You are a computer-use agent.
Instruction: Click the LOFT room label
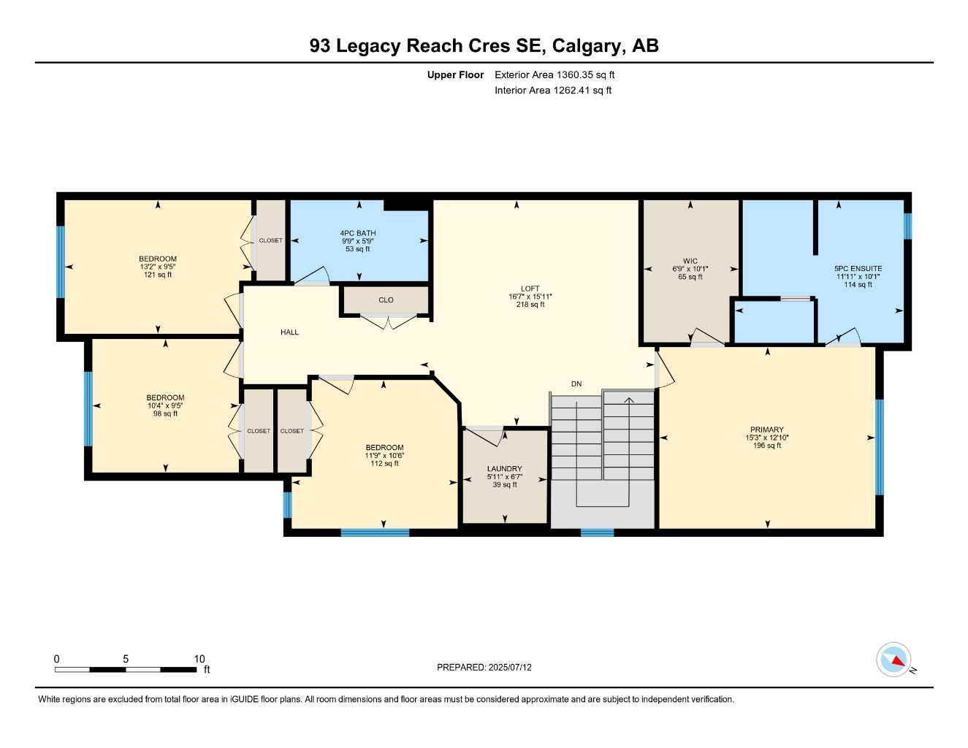530,289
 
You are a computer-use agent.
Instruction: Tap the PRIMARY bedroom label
766,430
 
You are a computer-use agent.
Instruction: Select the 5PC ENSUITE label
858,268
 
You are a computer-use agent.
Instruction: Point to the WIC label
690,261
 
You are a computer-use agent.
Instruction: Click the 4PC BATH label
358,233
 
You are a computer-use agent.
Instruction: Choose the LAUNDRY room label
504,468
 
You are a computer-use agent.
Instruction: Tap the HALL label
289,332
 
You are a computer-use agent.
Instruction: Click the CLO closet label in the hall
386,300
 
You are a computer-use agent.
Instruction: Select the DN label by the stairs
576,383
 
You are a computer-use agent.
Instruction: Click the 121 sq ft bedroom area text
158,275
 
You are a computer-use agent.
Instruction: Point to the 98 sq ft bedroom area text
165,414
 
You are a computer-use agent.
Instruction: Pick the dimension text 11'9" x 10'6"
384,456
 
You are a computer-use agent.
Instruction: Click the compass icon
893,660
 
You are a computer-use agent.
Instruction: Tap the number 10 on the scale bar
199,659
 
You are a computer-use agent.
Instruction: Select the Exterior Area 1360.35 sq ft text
554,75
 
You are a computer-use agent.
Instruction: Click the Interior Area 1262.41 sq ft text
553,91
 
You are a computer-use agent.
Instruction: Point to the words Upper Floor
455,75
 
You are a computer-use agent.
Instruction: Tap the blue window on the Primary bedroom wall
880,447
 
